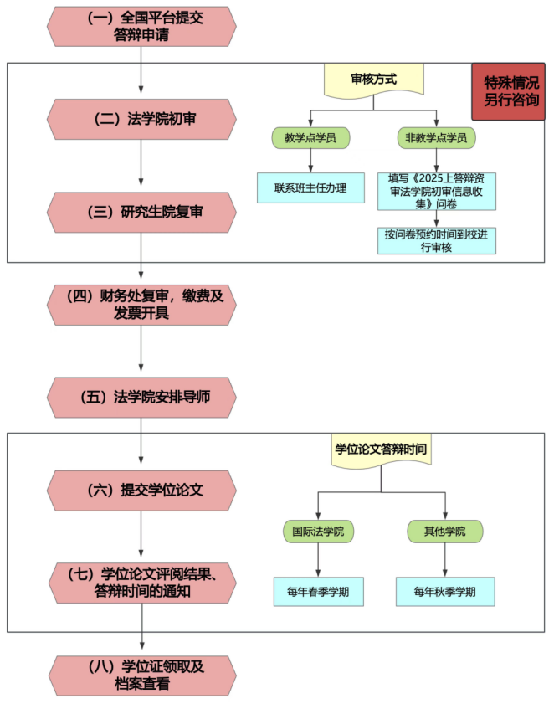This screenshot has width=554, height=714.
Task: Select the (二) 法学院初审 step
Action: pos(141,119)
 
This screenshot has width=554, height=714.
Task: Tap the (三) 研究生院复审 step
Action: pos(141,212)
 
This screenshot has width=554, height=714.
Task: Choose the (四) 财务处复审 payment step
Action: pos(141,304)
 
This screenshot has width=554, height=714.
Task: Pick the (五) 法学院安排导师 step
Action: pos(141,398)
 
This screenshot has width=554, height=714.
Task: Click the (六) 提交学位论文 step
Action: pos(141,490)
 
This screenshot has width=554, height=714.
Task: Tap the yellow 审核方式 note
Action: pos(373,80)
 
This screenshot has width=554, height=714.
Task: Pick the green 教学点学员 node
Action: pos(310,137)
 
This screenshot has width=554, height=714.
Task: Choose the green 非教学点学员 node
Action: pos(436,137)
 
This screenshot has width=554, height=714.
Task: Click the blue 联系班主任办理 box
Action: pos(310,187)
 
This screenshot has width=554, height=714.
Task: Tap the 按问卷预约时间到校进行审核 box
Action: pos(436,241)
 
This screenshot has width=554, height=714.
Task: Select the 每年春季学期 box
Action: pos(318,592)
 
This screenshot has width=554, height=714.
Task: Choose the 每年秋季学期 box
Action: pos(444,592)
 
